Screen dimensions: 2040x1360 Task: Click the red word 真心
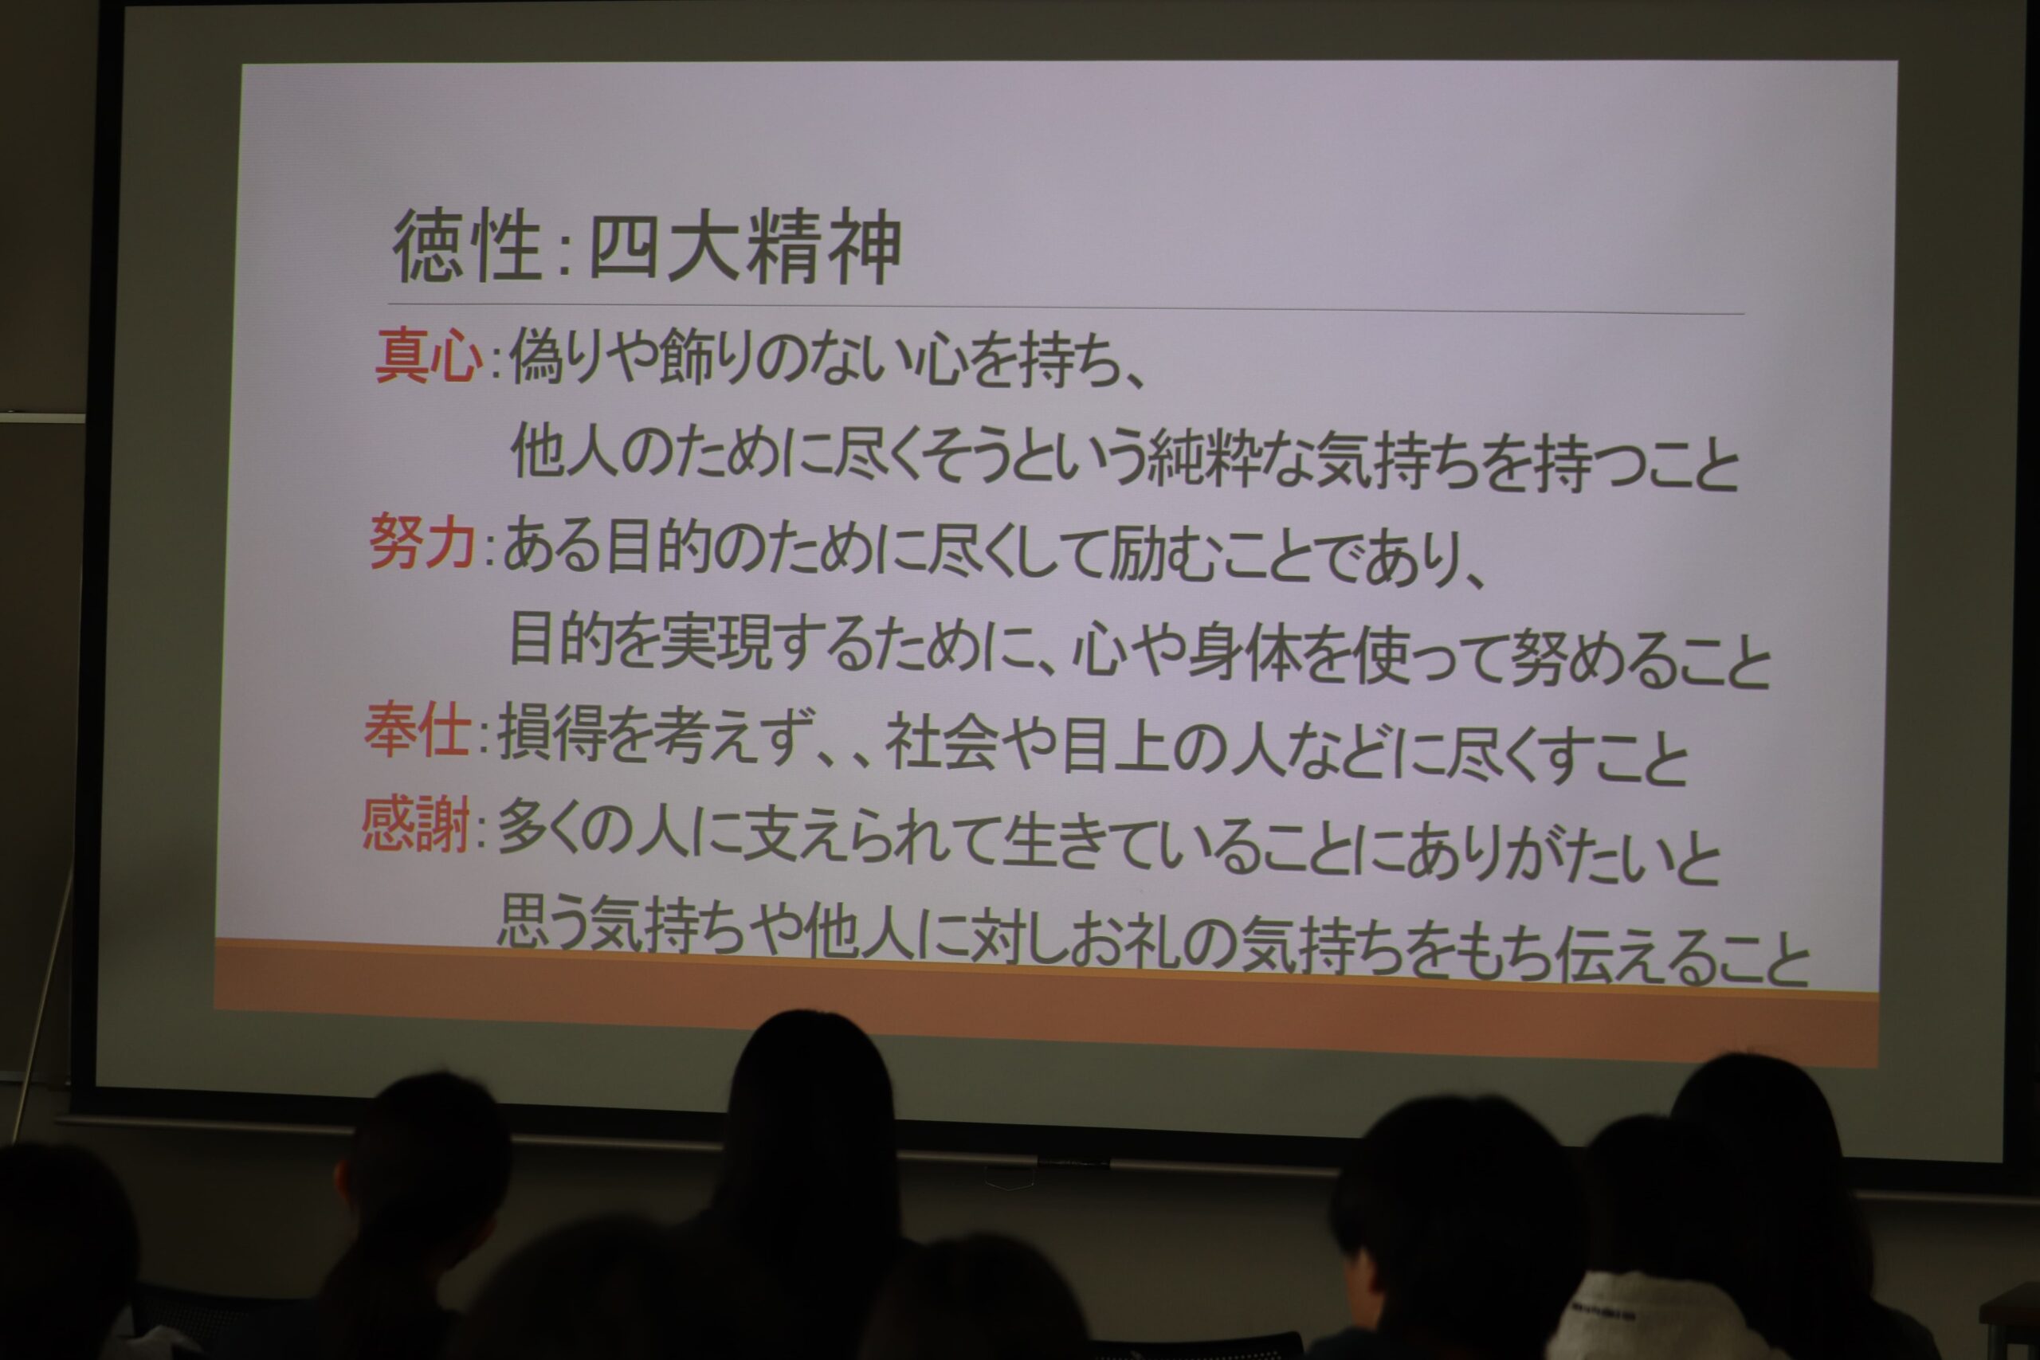click(x=429, y=355)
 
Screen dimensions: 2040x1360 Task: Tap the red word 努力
click(x=422, y=541)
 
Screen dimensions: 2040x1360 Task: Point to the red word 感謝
click(x=415, y=824)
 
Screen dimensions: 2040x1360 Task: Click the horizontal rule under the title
click(x=1065, y=309)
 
